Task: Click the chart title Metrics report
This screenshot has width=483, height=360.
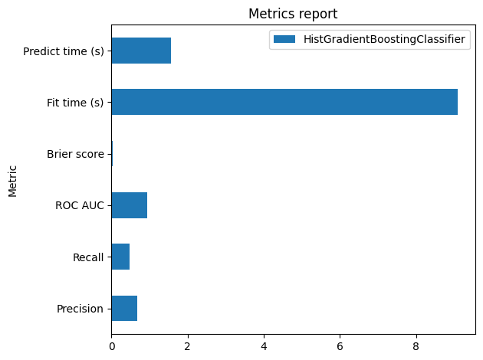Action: (x=293, y=14)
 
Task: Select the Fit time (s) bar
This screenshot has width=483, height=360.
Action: (x=284, y=102)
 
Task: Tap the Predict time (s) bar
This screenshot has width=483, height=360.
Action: (x=141, y=51)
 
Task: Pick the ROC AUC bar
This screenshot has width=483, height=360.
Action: (x=129, y=205)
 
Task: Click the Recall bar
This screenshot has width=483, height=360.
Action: (x=120, y=257)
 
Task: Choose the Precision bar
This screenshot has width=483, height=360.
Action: (x=124, y=309)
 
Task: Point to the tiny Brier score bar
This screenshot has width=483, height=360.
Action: (x=112, y=154)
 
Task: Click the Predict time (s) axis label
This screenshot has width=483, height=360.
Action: (x=64, y=51)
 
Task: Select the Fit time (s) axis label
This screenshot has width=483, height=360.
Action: (x=74, y=103)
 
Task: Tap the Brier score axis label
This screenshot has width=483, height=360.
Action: (x=75, y=154)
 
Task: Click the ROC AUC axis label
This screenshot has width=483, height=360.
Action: (x=80, y=205)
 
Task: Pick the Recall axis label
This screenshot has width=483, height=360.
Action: (x=88, y=257)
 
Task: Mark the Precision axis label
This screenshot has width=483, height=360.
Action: (x=80, y=309)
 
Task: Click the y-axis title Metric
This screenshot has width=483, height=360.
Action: (x=13, y=180)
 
